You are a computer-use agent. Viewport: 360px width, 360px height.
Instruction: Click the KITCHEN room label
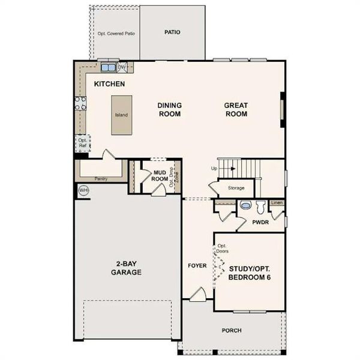pyautogui.click(x=109, y=84)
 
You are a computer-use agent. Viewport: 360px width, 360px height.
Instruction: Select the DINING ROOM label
pyautogui.click(x=170, y=110)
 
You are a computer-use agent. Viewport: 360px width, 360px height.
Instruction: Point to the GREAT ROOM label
pyautogui.click(x=236, y=110)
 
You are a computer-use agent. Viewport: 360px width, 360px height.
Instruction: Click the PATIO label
pyautogui.click(x=173, y=33)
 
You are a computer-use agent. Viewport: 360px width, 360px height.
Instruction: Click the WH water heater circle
pyautogui.click(x=83, y=190)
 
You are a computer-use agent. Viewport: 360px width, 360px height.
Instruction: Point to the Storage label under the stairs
pyautogui.click(x=236, y=188)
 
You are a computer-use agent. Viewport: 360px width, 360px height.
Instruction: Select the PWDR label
pyautogui.click(x=260, y=222)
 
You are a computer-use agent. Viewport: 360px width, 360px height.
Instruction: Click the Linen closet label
pyautogui.click(x=276, y=203)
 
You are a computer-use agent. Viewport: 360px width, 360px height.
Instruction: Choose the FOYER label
pyautogui.click(x=197, y=265)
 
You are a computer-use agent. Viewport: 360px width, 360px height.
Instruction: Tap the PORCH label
pyautogui.click(x=232, y=329)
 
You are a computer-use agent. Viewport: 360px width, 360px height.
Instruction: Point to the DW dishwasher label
pyautogui.click(x=122, y=67)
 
